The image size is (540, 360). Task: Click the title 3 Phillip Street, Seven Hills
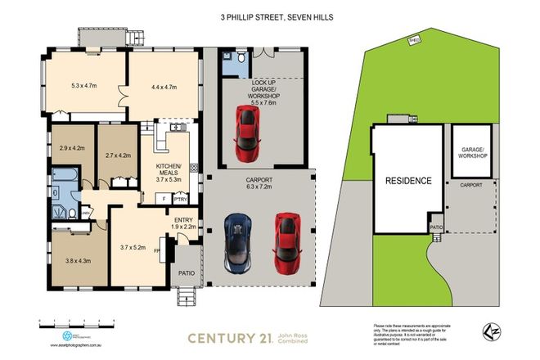[x=269, y=16]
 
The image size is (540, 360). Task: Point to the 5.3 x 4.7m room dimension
[x=85, y=84]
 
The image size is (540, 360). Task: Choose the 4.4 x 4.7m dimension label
[x=165, y=84]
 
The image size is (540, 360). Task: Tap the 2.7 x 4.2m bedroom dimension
[x=119, y=153]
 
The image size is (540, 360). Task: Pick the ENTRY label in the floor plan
[x=184, y=220]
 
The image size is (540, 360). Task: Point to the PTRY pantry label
[x=181, y=198]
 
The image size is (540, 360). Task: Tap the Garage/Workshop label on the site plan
[x=473, y=152]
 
